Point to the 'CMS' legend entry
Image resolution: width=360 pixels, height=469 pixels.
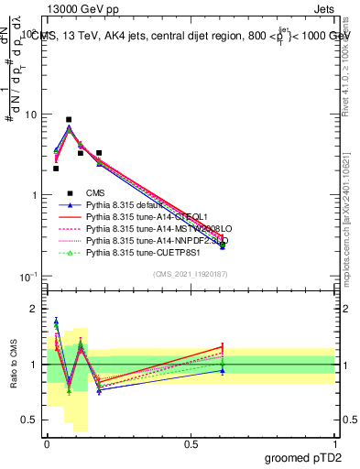(x=96, y=193)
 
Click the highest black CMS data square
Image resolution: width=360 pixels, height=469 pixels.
(x=69, y=119)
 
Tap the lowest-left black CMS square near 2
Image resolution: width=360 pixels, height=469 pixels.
(x=56, y=169)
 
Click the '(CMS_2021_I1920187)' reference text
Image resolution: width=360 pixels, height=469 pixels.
(x=190, y=274)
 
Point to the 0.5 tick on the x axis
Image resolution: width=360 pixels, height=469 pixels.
(x=190, y=442)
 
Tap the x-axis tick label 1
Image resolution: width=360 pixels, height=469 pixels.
(x=334, y=442)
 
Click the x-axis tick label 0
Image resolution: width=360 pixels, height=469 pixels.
(x=46, y=442)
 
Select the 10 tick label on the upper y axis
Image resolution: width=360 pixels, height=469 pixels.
(x=30, y=115)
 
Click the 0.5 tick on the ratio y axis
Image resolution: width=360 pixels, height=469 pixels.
(x=30, y=420)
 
